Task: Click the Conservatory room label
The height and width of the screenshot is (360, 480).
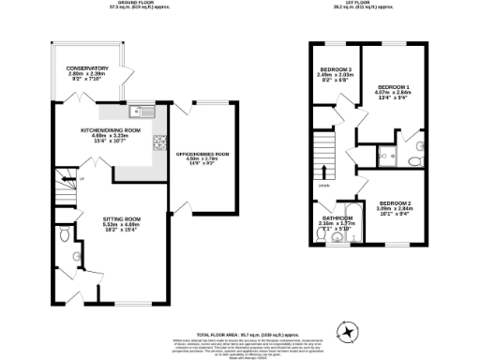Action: click(87, 68)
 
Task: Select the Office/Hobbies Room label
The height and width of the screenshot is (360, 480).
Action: click(208, 155)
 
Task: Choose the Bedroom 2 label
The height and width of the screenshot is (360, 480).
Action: click(397, 203)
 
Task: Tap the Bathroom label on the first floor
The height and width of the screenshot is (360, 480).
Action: click(337, 218)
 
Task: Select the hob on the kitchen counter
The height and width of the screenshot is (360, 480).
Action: click(159, 142)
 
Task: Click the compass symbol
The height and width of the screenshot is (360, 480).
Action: click(348, 330)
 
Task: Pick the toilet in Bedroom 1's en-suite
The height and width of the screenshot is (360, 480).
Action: click(413, 160)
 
